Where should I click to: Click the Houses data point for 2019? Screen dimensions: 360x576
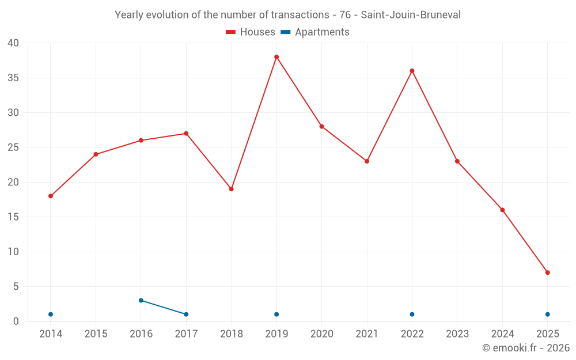[276, 57]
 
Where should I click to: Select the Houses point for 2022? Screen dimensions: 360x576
[412, 71]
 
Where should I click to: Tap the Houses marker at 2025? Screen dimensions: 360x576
[547, 272]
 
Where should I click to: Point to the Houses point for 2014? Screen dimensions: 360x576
[51, 196]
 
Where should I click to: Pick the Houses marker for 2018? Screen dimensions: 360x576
[232, 189]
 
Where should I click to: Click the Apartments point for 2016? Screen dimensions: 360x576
[141, 300]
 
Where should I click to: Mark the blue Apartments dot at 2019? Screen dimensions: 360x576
[276, 314]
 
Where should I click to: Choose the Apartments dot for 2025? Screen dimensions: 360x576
[547, 314]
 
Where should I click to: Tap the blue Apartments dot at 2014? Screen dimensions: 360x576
[51, 314]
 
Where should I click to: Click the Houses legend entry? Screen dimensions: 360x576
[251, 32]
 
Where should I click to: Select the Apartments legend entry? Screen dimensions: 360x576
[315, 32]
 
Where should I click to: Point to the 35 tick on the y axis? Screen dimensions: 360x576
[13, 78]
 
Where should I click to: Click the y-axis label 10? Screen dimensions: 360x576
[13, 252]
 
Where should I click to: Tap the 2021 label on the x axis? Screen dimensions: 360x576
[367, 334]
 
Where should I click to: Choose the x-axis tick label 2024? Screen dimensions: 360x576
[502, 334]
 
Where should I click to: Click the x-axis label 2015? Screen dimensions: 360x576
[96, 334]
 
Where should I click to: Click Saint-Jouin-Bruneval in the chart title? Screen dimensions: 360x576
[411, 15]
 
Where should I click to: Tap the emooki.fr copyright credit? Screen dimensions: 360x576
[526, 348]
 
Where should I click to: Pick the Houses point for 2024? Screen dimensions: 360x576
[502, 210]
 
